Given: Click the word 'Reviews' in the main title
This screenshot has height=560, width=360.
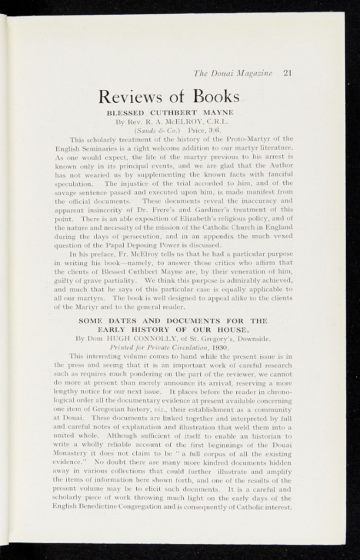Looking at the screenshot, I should click(x=130, y=97).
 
